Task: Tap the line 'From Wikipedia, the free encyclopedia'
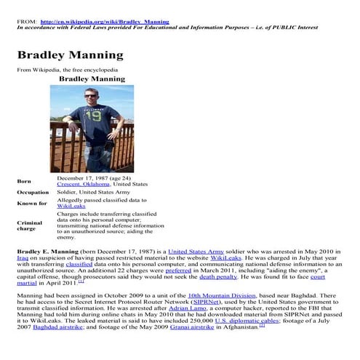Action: [x=62, y=70]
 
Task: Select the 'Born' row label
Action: [x=24, y=180]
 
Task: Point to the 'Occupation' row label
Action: [x=33, y=192]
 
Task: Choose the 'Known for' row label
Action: [x=30, y=204]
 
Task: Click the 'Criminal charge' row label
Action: [x=30, y=225]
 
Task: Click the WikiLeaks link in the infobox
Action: [x=72, y=206]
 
